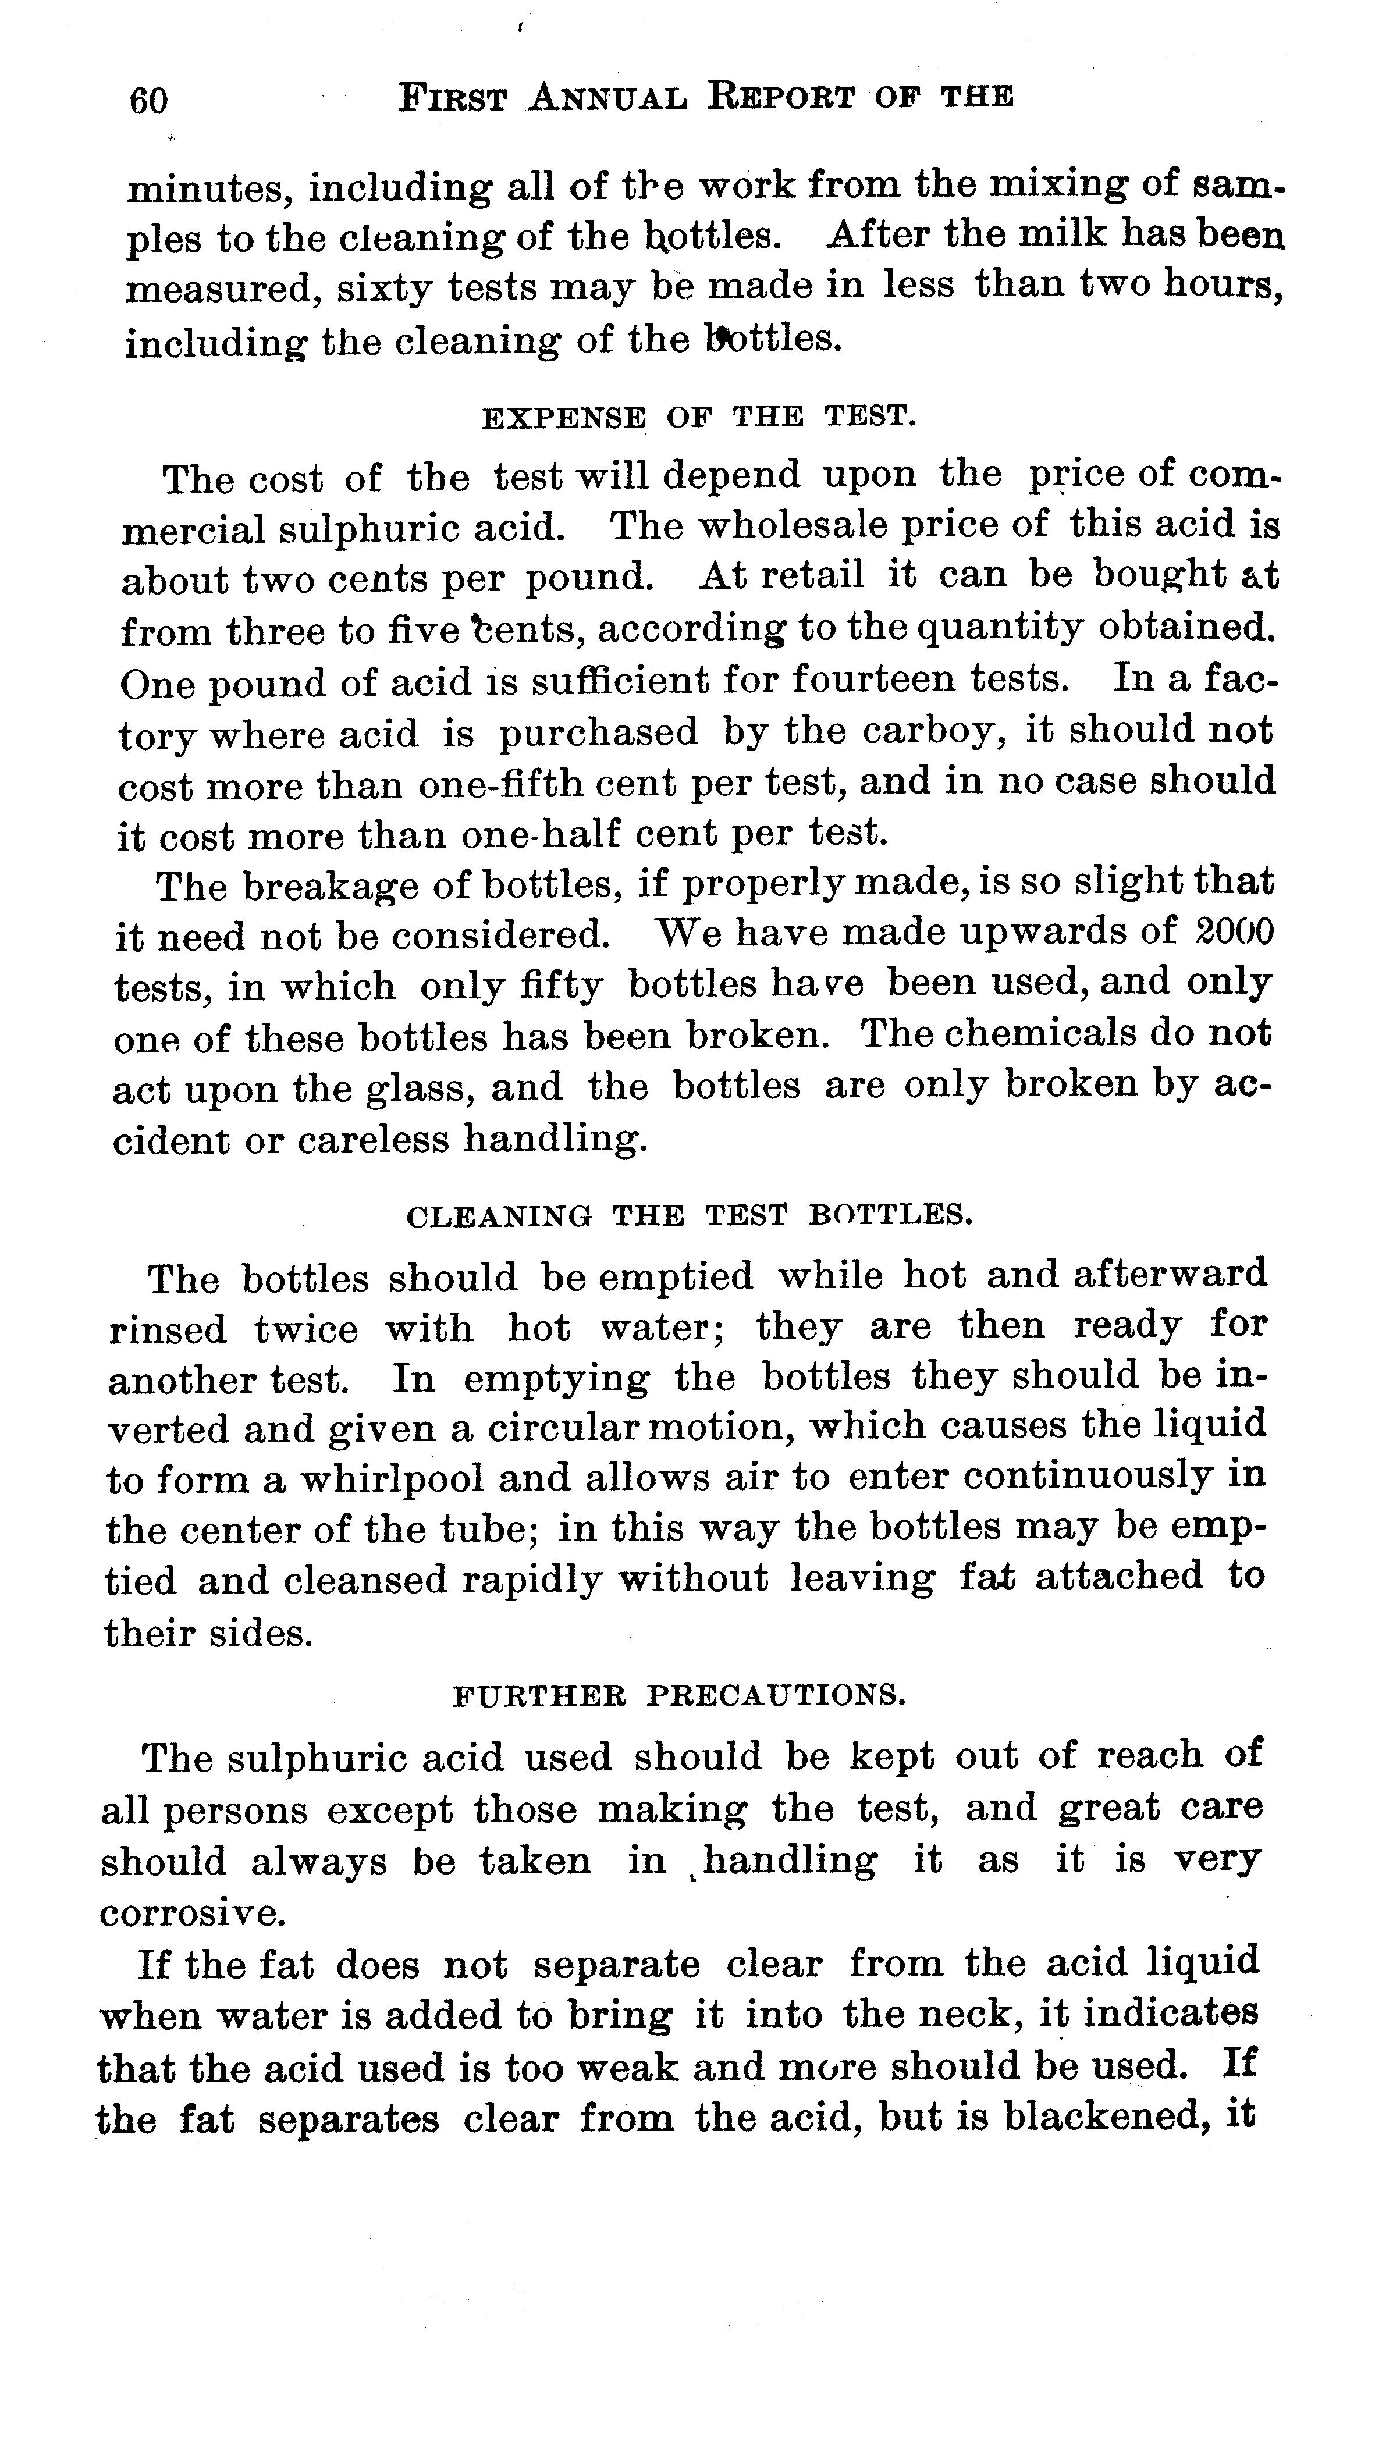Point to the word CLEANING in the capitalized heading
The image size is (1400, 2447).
[499, 1216]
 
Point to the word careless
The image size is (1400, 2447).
[373, 1140]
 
